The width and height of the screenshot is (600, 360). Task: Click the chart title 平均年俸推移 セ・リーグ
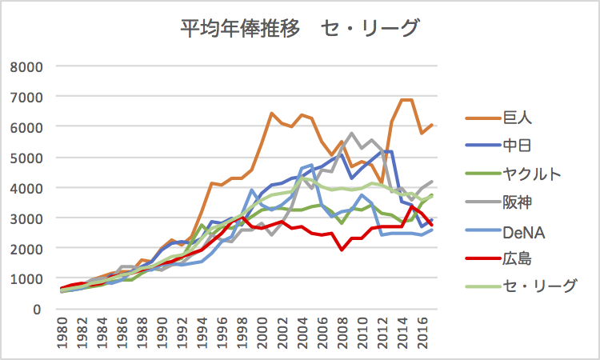(299, 30)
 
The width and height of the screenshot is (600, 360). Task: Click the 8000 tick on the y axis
(26, 66)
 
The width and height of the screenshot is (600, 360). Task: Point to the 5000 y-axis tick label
(26, 158)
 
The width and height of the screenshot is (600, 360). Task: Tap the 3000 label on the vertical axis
(26, 218)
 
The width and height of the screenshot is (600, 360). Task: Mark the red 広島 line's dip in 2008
(342, 250)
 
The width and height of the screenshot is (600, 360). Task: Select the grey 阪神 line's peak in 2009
(352, 134)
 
